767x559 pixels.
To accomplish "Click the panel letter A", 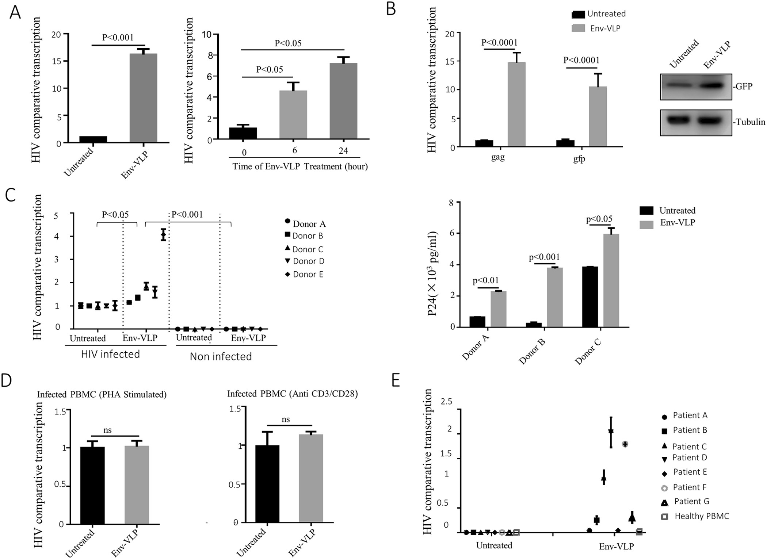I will tap(15, 12).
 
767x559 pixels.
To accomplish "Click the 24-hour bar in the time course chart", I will tap(343, 101).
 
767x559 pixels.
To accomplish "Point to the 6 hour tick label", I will tap(294, 150).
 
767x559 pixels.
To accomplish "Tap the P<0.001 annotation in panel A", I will tap(118, 37).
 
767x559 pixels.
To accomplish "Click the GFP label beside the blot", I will tap(743, 87).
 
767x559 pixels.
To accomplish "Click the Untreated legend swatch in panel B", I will tap(578, 14).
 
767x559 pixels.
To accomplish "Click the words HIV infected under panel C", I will tap(110, 354).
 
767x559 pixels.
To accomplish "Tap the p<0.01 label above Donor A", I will tap(485, 281).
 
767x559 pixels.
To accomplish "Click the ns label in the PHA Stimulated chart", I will tap(107, 430).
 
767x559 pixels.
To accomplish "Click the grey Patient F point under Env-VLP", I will tap(625, 444).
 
